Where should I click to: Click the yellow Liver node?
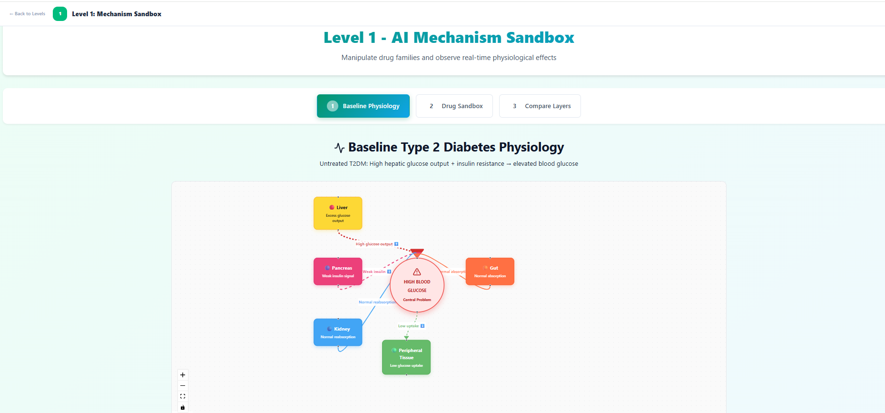click(338, 213)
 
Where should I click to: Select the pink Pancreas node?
click(338, 272)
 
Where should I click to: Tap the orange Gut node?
click(490, 272)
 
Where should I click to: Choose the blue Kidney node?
click(338, 332)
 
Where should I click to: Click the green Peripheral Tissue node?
click(406, 357)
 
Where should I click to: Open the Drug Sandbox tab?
click(454, 106)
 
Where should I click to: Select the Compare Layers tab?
click(540, 106)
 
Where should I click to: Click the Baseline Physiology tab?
click(363, 106)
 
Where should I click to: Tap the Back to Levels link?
click(28, 14)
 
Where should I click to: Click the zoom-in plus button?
click(183, 375)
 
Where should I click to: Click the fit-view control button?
click(183, 396)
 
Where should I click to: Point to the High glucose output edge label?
click(374, 244)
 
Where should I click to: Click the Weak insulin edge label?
click(374, 272)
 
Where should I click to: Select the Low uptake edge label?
click(409, 326)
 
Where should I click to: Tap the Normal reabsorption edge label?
click(376, 302)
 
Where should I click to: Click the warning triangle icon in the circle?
click(417, 272)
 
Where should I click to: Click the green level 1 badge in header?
click(60, 14)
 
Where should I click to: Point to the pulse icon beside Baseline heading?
click(339, 148)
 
